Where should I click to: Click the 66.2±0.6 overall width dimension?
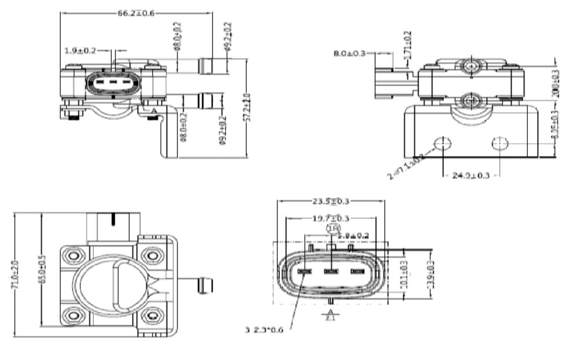[x=137, y=13]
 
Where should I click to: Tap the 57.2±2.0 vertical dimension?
[x=247, y=107]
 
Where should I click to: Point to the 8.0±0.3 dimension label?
[x=350, y=53]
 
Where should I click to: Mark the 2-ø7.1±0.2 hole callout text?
[x=406, y=164]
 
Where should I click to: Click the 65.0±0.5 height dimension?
[x=41, y=269]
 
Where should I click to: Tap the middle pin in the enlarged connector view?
[x=331, y=270]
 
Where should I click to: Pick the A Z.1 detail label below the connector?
[x=330, y=316]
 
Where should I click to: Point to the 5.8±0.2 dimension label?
[x=353, y=236]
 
